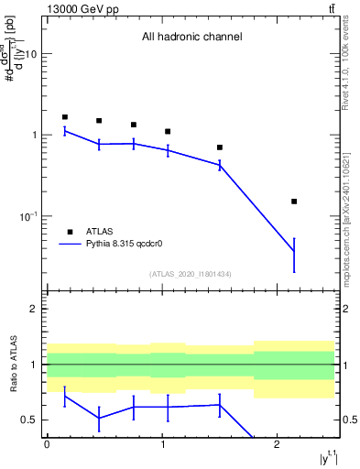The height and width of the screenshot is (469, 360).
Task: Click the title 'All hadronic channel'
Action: click(191, 38)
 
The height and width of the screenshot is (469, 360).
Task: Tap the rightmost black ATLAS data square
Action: click(294, 201)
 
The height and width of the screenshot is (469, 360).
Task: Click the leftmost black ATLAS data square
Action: click(65, 117)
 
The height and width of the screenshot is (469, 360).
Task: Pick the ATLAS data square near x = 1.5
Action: click(220, 147)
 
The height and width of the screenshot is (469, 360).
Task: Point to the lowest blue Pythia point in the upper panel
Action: click(294, 251)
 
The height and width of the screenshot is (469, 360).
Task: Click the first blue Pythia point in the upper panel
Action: click(65, 131)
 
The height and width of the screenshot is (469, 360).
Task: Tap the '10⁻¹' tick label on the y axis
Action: click(28, 216)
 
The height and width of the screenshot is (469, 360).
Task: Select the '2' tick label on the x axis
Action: click(277, 445)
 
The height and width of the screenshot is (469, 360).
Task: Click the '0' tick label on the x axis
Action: click(47, 445)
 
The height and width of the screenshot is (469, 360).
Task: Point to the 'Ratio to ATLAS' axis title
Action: click(13, 364)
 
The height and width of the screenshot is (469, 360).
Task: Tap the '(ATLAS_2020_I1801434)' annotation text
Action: click(191, 274)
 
